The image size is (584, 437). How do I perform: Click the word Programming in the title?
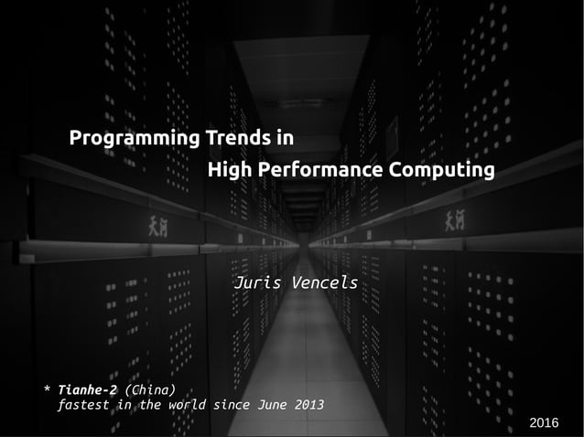(135, 140)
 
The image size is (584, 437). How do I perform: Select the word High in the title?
(230, 171)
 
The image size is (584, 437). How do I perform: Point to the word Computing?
(441, 171)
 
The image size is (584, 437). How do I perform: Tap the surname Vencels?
(323, 282)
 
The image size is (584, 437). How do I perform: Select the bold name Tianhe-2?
(87, 390)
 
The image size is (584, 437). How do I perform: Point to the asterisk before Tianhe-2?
(48, 391)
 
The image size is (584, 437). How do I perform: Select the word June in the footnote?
(275, 405)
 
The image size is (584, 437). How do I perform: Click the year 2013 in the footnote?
(308, 405)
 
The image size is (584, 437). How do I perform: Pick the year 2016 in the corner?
(544, 421)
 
